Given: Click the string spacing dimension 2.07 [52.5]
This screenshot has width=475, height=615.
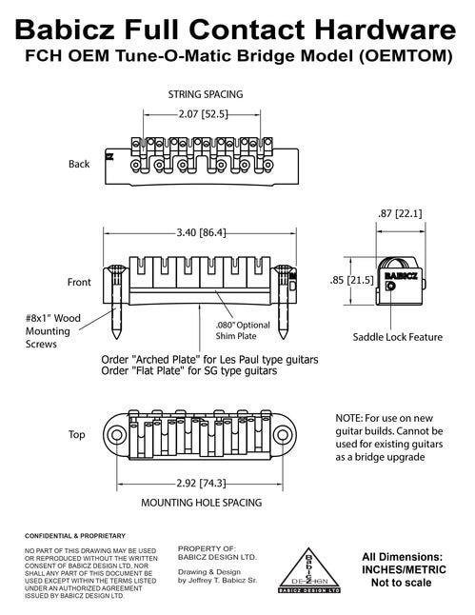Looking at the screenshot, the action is tap(203, 114).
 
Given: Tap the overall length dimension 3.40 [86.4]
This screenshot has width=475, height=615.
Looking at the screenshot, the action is tap(201, 232).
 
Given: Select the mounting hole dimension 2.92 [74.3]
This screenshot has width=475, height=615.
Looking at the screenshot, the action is tap(201, 483).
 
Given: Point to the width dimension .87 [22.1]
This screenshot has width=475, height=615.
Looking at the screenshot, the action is tap(400, 214).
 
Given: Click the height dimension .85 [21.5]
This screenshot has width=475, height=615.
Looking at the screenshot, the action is tap(351, 280).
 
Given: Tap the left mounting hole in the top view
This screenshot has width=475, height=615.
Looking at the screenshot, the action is tap(116, 435).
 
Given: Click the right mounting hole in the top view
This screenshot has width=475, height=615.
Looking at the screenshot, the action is tap(282, 435).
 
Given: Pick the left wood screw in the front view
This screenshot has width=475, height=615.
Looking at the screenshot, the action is tap(117, 301).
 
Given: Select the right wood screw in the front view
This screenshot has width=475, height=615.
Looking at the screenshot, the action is tap(283, 301).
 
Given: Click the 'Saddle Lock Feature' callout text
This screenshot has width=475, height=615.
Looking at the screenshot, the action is tap(397, 337).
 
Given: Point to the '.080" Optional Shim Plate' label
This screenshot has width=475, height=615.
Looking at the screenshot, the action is tap(243, 330).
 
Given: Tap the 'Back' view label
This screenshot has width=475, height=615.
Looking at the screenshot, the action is tap(79, 164).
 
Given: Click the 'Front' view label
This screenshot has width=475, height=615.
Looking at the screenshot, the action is tap(79, 282).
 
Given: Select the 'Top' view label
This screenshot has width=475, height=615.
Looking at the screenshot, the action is tap(76, 434).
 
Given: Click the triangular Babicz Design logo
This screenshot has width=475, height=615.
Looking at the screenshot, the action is tap(309, 570).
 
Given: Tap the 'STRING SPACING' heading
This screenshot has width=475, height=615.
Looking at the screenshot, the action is tap(206, 94).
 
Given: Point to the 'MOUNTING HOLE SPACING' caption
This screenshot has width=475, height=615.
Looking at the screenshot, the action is tap(202, 503).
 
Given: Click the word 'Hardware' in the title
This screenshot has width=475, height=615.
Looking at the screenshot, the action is tap(386, 30).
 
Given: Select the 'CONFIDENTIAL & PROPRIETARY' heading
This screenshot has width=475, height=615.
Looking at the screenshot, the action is tap(75, 536).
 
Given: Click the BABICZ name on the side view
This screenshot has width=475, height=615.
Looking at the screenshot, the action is tap(401, 276).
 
